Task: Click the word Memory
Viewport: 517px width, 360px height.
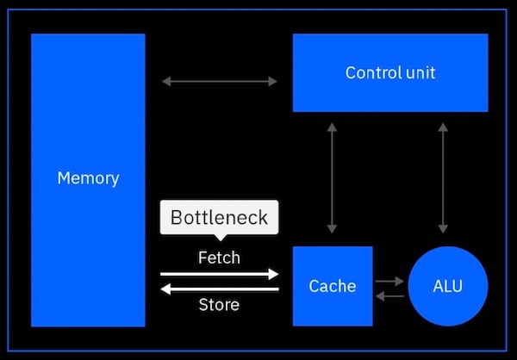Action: coord(88,179)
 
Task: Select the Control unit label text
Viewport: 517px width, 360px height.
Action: coord(390,72)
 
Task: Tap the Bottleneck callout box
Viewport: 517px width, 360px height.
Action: coord(219,217)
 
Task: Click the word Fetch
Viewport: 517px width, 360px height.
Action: coord(219,258)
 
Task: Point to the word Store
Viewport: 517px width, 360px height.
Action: coord(219,304)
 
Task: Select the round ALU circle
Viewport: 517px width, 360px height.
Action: coord(447,286)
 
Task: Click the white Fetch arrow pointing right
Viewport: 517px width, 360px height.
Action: coord(219,275)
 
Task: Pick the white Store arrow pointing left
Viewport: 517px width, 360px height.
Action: coord(219,289)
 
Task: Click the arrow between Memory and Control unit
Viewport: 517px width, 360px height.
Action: coord(219,82)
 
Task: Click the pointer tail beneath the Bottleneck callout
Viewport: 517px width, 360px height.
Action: coord(219,238)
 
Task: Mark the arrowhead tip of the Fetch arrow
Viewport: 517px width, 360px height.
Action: coord(277,275)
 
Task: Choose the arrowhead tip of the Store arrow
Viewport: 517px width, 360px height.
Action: coord(163,289)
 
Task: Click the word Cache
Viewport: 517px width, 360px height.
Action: coord(332,286)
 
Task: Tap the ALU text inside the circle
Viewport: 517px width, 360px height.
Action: coord(447,286)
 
